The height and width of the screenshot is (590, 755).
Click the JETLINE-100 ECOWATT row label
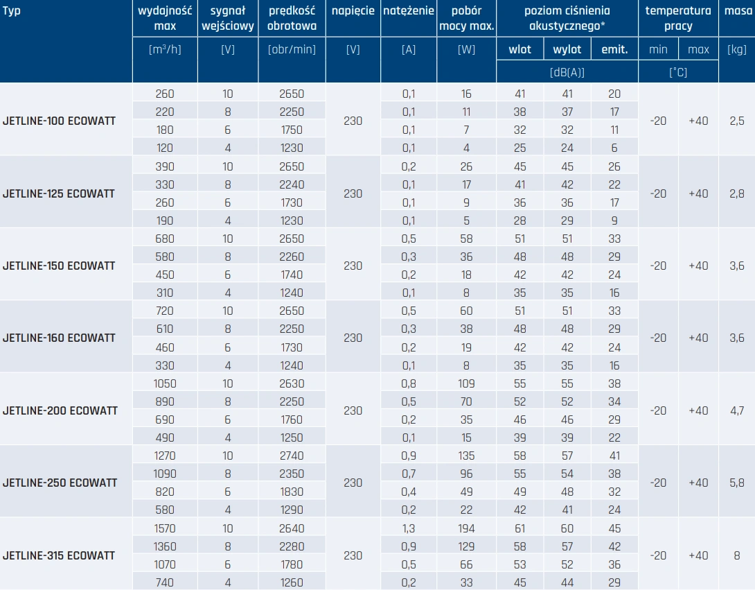[59, 121]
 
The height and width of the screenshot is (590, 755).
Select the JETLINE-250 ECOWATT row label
[59, 483]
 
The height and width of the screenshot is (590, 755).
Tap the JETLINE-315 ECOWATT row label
[59, 555]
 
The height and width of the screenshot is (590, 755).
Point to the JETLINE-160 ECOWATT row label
[59, 338]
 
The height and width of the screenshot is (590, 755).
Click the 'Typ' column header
[12, 11]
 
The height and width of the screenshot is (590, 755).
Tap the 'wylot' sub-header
[567, 50]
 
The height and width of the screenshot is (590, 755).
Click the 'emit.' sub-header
[614, 50]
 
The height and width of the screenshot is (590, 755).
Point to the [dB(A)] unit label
[567, 72]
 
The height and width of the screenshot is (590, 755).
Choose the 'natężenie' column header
[409, 11]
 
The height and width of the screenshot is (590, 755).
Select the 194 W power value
[466, 528]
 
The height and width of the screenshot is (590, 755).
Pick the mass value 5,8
[737, 483]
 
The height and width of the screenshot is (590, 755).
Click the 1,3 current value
[409, 528]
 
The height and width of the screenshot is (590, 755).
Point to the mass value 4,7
[737, 410]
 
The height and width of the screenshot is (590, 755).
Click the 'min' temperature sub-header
[658, 50]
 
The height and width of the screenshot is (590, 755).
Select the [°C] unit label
[678, 72]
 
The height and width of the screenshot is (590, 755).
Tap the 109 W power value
[466, 383]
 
